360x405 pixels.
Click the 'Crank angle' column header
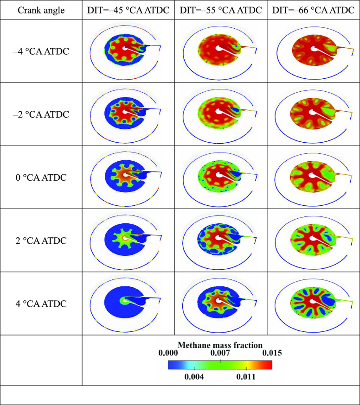pyautogui.click(x=41, y=10)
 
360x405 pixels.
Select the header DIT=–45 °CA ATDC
pyautogui.click(x=128, y=10)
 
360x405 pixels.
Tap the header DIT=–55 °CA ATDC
pyautogui.click(x=220, y=10)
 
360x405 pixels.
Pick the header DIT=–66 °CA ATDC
pyautogui.click(x=313, y=10)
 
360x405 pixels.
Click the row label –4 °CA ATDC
pyautogui.click(x=41, y=51)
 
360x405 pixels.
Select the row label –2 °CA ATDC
pyautogui.click(x=41, y=114)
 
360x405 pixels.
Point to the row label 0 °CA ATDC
pyautogui.click(x=41, y=177)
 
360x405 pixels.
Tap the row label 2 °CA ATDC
pyautogui.click(x=41, y=240)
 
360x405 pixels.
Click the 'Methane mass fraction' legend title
pyautogui.click(x=220, y=345)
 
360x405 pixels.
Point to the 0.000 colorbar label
pyautogui.click(x=167, y=353)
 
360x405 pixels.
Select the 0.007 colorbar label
pyautogui.click(x=220, y=353)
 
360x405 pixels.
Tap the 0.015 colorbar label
pyautogui.click(x=272, y=353)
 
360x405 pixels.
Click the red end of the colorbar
pyautogui.click(x=268, y=365)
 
